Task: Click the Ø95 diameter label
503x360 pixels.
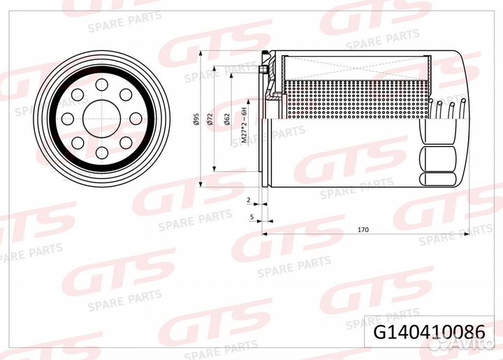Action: pos(198,120)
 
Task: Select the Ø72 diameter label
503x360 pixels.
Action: pos(210,120)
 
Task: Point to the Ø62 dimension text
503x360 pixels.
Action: pos(228,120)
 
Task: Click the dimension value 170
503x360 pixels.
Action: pos(363,229)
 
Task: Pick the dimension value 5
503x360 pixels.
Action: pos(251,217)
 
